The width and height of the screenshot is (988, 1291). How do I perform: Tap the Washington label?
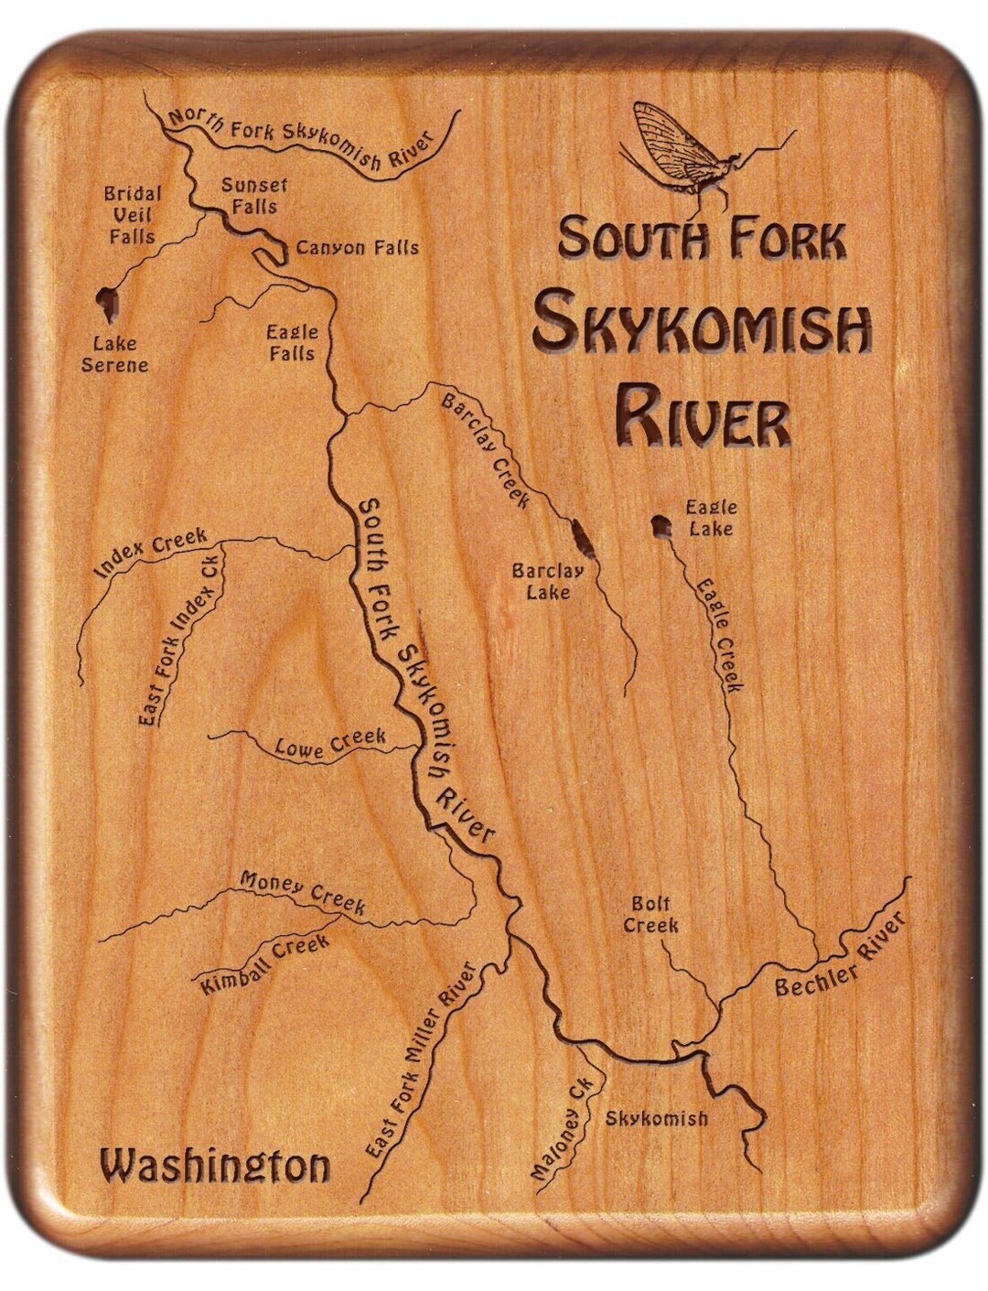coord(215,1167)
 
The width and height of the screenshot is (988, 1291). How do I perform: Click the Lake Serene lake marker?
coord(109,304)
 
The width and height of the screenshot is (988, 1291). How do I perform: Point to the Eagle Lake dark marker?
coord(659,526)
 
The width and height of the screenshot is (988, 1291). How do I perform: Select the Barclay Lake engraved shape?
coord(579,539)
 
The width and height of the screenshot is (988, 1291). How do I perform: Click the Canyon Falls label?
coord(357,247)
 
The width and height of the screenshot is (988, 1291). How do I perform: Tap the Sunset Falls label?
coord(254,196)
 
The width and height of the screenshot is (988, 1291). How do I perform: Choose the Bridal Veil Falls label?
coord(133,215)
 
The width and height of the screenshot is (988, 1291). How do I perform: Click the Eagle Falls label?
coord(292,342)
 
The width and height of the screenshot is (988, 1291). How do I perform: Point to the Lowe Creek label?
coord(330,744)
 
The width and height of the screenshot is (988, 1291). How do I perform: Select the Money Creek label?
coord(303,891)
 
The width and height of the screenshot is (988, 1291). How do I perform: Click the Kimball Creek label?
coord(265,964)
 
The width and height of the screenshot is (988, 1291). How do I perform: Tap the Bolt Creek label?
coord(651,914)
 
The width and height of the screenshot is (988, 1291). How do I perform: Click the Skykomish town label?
coord(657,1118)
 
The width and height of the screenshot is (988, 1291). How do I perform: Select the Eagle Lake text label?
coord(713,518)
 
